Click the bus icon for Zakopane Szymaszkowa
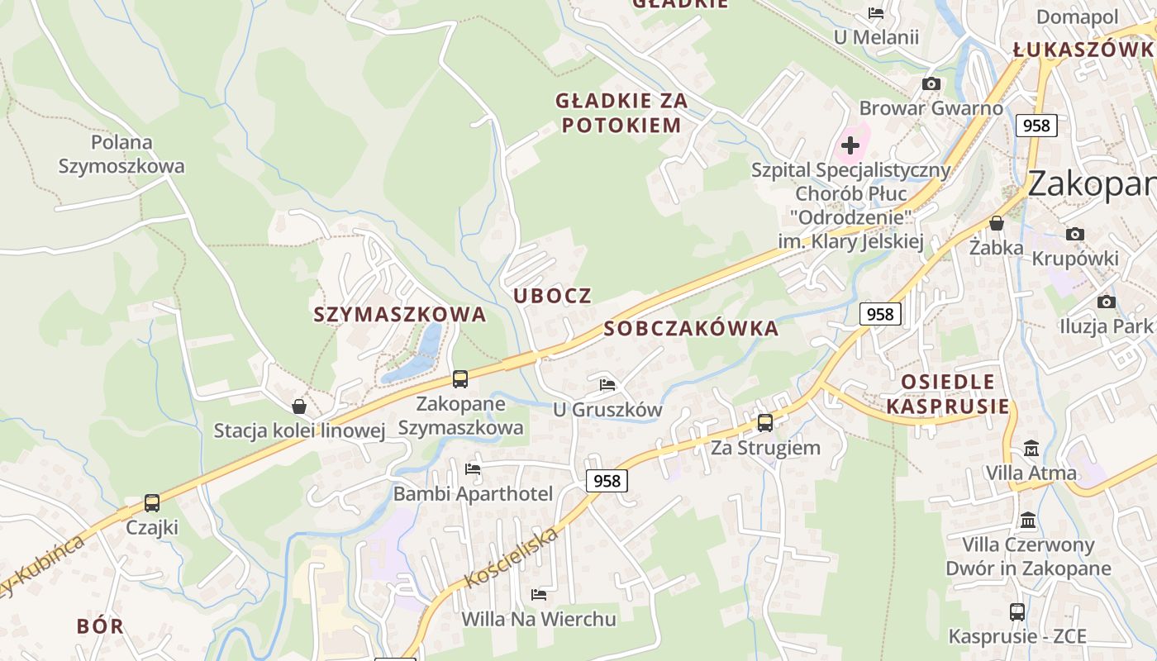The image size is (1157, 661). pos(460,379)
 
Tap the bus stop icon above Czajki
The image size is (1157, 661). pos(152,502)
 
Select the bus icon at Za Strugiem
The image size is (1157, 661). pos(765,422)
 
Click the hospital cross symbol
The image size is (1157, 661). pos(850,146)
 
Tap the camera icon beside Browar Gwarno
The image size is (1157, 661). pos(931,84)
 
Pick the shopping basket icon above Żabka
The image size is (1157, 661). pos(997,223)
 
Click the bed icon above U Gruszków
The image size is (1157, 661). pos(607,384)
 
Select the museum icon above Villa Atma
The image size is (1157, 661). pos(1031,449)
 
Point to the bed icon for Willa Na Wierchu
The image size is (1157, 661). pos(539,594)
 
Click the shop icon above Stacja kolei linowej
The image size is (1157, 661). pos(299,407)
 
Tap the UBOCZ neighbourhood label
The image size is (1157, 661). pos(553,296)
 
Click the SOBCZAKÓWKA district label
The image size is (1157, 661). pos(691,329)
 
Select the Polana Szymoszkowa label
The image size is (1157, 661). pos(121,155)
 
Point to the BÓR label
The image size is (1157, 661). pos(100,626)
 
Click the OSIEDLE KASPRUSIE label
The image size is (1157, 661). pos(948,394)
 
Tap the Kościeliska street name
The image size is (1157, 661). pos(512,558)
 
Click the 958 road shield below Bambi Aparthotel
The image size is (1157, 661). pos(607,481)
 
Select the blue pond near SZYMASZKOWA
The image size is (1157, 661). pos(417,355)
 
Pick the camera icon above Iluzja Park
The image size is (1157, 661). pos(1106,302)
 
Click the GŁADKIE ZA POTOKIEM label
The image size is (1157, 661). pos(621,113)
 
